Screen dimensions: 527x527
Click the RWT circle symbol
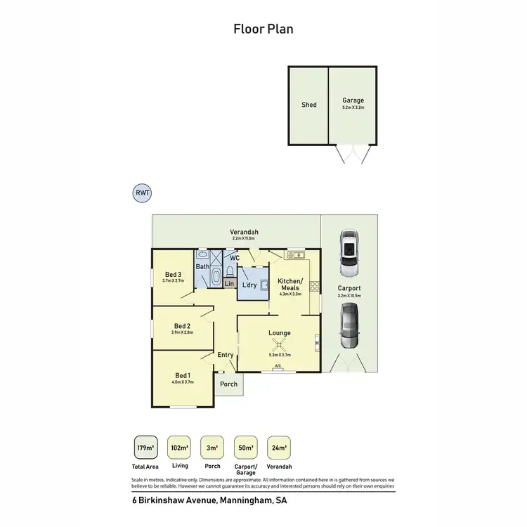tap(142, 193)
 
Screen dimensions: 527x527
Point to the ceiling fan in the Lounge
tap(280, 344)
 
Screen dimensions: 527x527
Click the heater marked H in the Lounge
tap(318, 343)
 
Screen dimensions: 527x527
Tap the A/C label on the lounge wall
tap(278, 366)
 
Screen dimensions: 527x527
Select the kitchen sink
tap(294, 254)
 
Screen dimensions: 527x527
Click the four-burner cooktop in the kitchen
tap(316, 286)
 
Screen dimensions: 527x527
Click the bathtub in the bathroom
tap(216, 278)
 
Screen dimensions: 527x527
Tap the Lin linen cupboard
tap(229, 284)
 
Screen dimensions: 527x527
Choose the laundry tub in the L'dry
tap(264, 284)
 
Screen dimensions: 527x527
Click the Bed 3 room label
tap(174, 274)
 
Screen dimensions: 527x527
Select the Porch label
tap(228, 384)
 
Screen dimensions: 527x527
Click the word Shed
tap(309, 105)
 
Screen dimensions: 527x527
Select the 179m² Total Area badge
tap(145, 448)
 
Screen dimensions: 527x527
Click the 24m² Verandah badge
tap(279, 448)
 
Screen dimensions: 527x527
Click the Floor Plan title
tap(263, 29)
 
